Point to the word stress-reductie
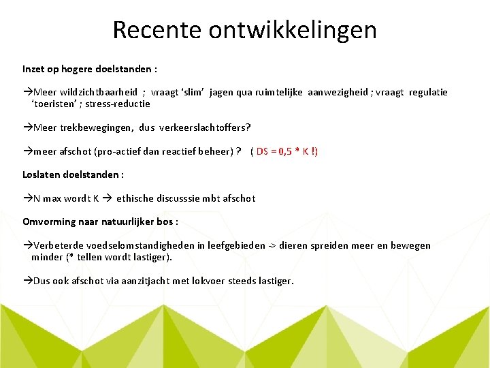pyautogui.click(x=118, y=104)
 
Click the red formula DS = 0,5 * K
pyautogui.click(x=284, y=151)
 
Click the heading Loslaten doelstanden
pyautogui.click(x=73, y=174)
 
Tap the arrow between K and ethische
pyautogui.click(x=108, y=198)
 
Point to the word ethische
pyautogui.click(x=137, y=198)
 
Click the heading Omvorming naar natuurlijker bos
pyautogui.click(x=100, y=221)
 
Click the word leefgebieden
pyautogui.click(x=244, y=245)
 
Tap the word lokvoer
pyautogui.click(x=207, y=280)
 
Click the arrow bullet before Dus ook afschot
pyautogui.click(x=27, y=280)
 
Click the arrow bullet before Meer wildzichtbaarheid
pyautogui.click(x=27, y=92)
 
